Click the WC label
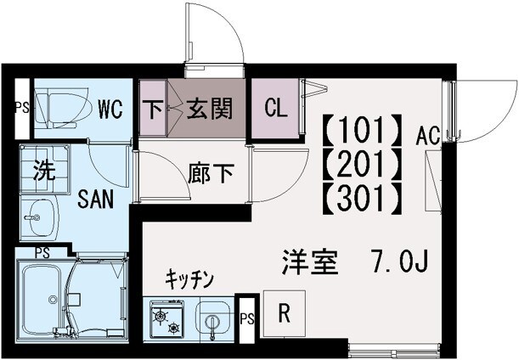click(x=110, y=109)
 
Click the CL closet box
click(x=274, y=109)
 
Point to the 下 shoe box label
click(x=153, y=109)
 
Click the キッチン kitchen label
click(x=189, y=278)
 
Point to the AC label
click(x=427, y=133)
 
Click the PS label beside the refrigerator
click(x=247, y=319)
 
